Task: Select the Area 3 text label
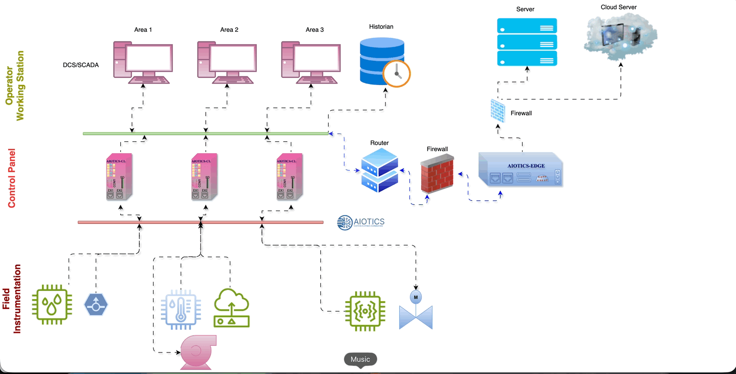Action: [x=314, y=30]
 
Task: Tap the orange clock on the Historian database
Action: [x=397, y=73]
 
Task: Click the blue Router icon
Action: [x=379, y=171]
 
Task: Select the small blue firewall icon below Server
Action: [x=497, y=110]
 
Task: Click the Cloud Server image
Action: [x=620, y=36]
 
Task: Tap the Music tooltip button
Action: [x=360, y=359]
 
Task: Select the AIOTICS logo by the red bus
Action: [x=361, y=222]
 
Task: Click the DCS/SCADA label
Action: [x=81, y=65]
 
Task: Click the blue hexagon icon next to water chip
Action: [x=96, y=305]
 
